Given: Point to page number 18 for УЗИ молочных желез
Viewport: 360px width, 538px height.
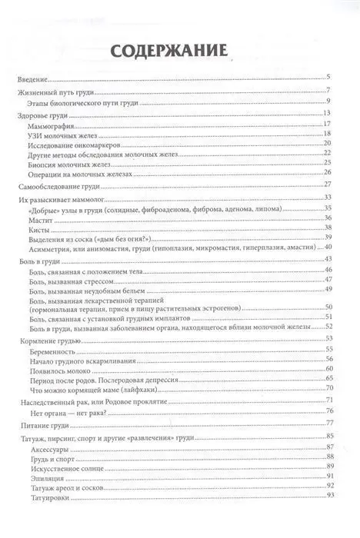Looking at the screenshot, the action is (x=327, y=134).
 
